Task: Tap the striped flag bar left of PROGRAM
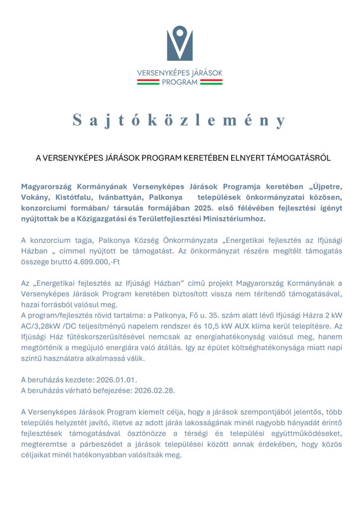148,82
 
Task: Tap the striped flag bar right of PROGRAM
211,82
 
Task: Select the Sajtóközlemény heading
180,120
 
